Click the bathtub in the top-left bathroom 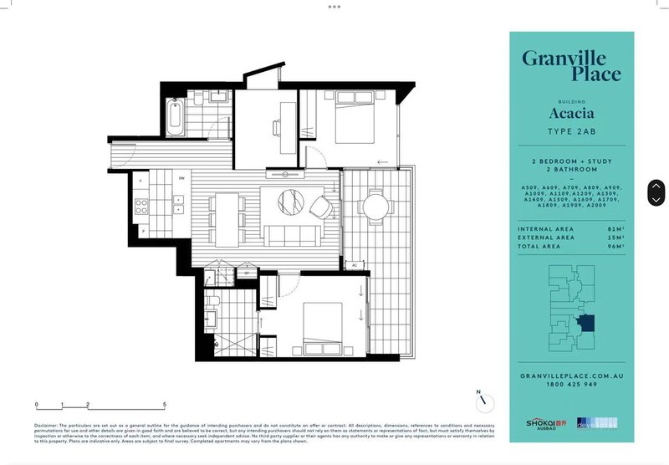(x=175, y=117)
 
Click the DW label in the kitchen (x=181, y=177)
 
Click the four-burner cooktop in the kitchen (x=144, y=203)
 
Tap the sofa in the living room (x=293, y=232)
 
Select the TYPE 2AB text (x=571, y=133)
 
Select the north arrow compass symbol (x=483, y=402)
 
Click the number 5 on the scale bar (x=165, y=405)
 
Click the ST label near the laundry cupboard (x=247, y=273)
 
